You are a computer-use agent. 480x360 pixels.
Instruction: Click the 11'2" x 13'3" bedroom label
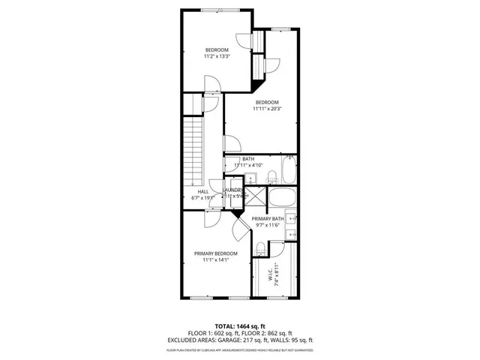coord(216,53)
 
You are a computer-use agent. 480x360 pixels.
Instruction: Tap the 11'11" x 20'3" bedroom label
coord(266,106)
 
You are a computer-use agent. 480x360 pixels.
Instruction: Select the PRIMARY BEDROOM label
coord(216,257)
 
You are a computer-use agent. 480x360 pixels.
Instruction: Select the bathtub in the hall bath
coord(289,171)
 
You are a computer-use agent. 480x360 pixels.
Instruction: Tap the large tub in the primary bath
coord(282,199)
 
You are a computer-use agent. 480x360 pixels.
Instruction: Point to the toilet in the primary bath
coord(259,250)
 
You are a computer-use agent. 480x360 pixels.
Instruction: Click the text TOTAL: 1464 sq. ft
coord(240,326)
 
